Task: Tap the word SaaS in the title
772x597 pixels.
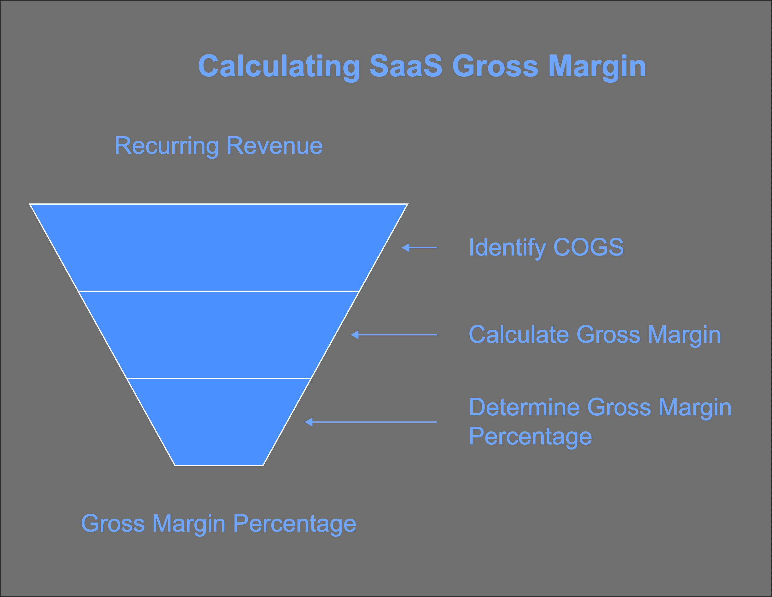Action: [x=406, y=66]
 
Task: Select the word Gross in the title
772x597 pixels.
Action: [x=495, y=66]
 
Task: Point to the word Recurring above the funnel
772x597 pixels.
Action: [x=167, y=146]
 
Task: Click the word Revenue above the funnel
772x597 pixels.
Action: [x=275, y=146]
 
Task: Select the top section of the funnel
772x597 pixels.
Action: [x=218, y=248]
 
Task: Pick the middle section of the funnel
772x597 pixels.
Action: [x=218, y=335]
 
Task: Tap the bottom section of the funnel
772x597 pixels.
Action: [x=218, y=422]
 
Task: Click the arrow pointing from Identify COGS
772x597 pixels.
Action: [x=419, y=248]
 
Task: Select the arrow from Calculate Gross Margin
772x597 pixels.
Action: [x=394, y=335]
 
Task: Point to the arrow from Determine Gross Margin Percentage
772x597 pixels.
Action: [x=371, y=422]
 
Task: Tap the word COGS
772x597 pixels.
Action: [x=588, y=247]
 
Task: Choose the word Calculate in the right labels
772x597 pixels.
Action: [x=519, y=334]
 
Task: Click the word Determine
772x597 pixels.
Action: [x=524, y=407]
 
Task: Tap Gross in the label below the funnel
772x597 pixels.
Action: [x=113, y=523]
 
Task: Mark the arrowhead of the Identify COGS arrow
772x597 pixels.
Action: [x=406, y=248]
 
